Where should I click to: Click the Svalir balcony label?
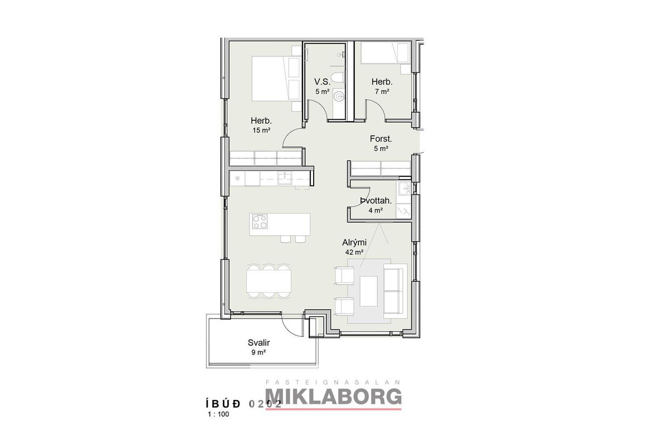click(x=259, y=343)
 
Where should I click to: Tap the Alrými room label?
click(x=354, y=242)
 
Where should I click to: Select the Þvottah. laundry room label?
click(x=375, y=201)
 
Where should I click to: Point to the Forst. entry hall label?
click(x=381, y=139)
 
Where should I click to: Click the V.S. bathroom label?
click(x=323, y=82)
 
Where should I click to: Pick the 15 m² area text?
click(x=261, y=130)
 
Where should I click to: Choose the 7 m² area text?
click(x=382, y=91)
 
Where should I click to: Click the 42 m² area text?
click(x=354, y=252)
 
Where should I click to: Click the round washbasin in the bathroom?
click(x=339, y=96)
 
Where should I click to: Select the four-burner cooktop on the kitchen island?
click(x=260, y=221)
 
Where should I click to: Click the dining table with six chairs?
click(x=269, y=281)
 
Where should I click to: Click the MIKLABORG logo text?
click(x=333, y=396)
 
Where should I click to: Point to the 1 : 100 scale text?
click(x=218, y=414)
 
